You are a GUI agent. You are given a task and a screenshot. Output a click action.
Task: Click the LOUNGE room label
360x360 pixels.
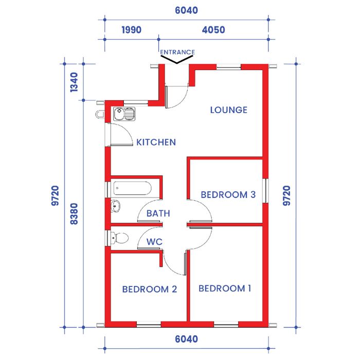(x=229, y=110)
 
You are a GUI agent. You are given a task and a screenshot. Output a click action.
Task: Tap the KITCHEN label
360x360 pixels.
(x=156, y=142)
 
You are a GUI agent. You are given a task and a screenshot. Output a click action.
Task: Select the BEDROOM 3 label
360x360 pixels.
(x=228, y=195)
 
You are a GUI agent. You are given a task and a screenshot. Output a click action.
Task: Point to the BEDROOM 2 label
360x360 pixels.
(x=150, y=289)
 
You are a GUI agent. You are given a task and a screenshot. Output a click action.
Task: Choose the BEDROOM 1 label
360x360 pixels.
(x=225, y=289)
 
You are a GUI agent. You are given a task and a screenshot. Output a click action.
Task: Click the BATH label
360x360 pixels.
(x=158, y=213)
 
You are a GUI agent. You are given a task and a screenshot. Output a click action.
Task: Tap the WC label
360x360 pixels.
(x=154, y=242)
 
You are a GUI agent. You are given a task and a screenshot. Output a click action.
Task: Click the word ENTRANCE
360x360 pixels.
(x=177, y=52)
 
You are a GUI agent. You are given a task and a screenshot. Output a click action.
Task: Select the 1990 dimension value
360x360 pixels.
(x=131, y=30)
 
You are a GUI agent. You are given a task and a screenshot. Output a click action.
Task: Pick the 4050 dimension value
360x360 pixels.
(x=213, y=30)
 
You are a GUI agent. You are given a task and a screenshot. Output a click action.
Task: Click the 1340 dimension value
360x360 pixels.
(x=74, y=82)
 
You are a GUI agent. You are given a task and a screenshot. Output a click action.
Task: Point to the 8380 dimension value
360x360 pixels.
(x=74, y=214)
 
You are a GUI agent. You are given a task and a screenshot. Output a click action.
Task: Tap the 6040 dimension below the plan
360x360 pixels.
(x=186, y=339)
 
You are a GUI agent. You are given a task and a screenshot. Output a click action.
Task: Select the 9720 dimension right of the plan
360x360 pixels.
(x=286, y=195)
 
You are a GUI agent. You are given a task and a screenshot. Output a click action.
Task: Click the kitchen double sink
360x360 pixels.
(x=124, y=114)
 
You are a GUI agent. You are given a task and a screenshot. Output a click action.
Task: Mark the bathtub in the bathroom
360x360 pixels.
(x=133, y=189)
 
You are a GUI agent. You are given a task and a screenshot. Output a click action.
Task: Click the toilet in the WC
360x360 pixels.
(x=119, y=238)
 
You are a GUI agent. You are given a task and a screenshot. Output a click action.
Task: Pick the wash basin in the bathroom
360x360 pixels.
(x=115, y=206)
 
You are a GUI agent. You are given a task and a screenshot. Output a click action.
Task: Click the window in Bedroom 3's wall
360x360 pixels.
(x=266, y=191)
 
